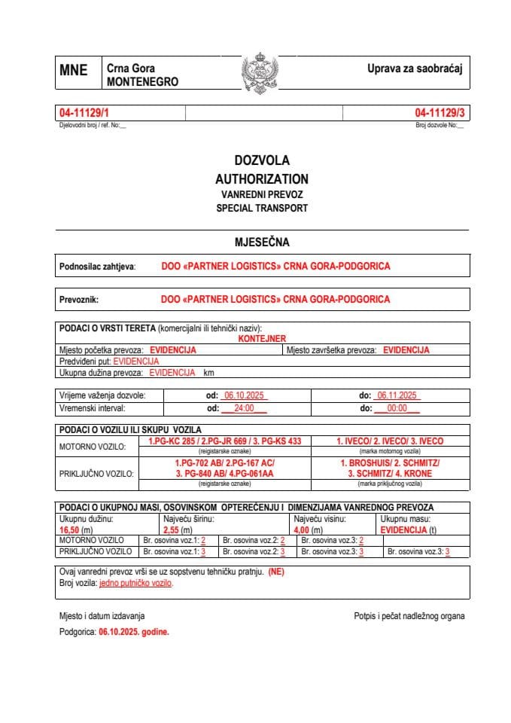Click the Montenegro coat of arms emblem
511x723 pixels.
pyautogui.click(x=260, y=72)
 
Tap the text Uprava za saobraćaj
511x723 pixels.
pyautogui.click(x=413, y=69)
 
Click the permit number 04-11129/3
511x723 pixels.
pyautogui.click(x=440, y=113)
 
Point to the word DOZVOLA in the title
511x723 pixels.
pyautogui.click(x=261, y=160)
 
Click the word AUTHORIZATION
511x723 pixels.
pyautogui.click(x=261, y=179)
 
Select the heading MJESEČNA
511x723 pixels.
pyautogui.click(x=262, y=243)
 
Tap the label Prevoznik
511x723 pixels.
pyautogui.click(x=79, y=299)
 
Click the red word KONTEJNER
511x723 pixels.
pyautogui.click(x=262, y=339)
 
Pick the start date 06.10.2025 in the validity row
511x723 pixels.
pyautogui.click(x=243, y=395)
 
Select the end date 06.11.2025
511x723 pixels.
pyautogui.click(x=399, y=395)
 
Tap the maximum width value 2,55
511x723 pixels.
pyautogui.click(x=172, y=529)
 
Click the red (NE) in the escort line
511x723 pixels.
pyautogui.click(x=276, y=572)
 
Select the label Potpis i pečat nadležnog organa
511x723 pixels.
pyautogui.click(x=409, y=616)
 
